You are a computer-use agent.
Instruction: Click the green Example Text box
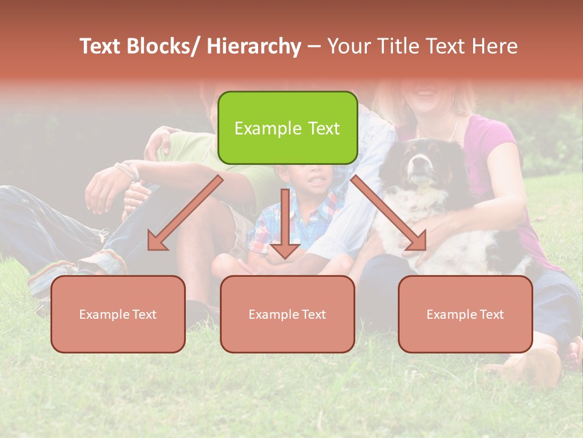pos(287,128)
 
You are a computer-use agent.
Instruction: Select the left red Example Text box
pos(118,314)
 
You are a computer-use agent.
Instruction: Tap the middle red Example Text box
pos(287,314)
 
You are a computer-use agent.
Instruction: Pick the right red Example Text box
pos(465,314)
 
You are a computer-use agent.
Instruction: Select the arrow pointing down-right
pos(389,213)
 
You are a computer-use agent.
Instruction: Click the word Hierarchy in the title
pos(254,46)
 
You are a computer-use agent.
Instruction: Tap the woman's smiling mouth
pos(426,92)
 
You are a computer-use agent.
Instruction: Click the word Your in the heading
pos(346,46)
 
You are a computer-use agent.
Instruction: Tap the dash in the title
pos(314,46)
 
